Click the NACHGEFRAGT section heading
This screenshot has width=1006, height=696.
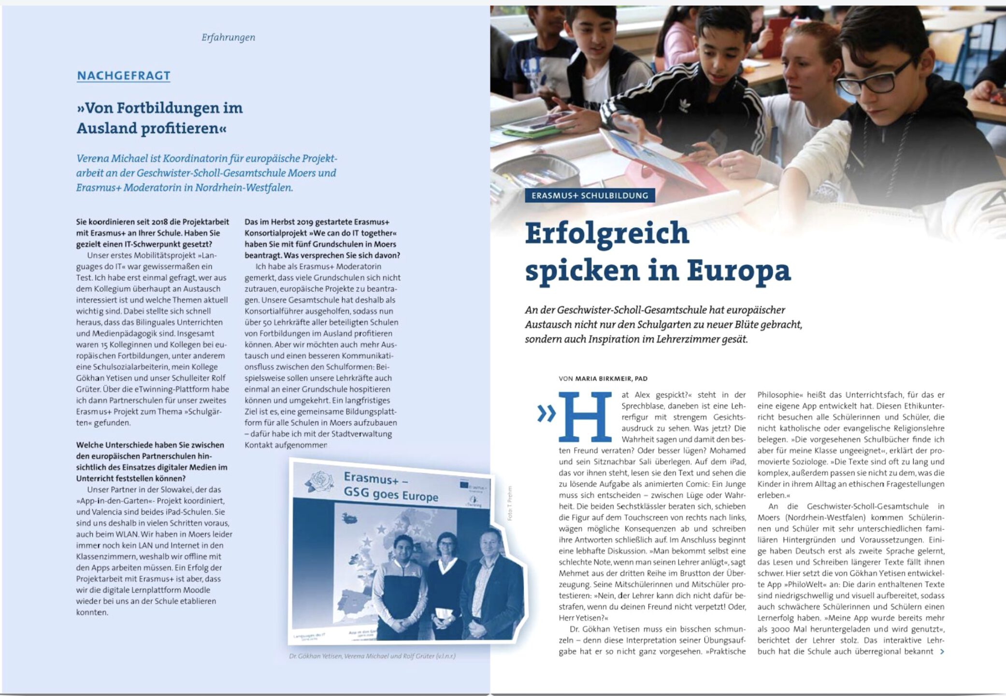(x=123, y=75)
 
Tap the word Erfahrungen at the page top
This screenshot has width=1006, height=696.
(x=228, y=37)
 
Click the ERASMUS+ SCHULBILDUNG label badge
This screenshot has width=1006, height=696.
(x=589, y=195)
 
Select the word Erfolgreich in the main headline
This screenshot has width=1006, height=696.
(x=607, y=233)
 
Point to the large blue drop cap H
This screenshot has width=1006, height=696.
(x=585, y=417)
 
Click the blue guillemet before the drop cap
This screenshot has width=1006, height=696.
(x=546, y=414)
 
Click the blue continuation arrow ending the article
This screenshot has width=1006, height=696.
(x=942, y=652)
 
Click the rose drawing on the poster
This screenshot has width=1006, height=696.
(x=320, y=482)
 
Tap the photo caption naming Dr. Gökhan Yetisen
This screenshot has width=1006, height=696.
(x=372, y=656)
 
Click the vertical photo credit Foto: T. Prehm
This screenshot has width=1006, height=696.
(x=510, y=503)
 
